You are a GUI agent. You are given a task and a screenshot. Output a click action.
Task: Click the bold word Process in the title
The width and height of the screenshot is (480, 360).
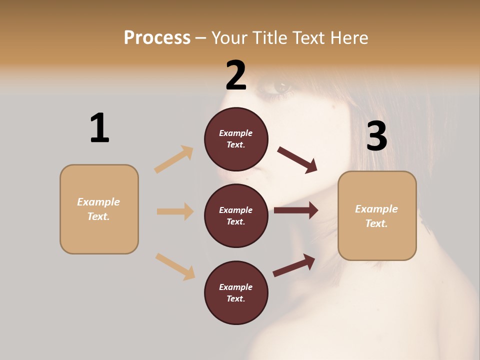(157, 38)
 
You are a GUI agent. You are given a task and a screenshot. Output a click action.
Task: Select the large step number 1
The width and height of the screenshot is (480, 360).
(99, 128)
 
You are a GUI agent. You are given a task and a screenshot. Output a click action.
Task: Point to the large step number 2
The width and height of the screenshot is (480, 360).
(236, 75)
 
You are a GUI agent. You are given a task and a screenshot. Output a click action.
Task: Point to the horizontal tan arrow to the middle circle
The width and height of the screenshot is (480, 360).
(175, 211)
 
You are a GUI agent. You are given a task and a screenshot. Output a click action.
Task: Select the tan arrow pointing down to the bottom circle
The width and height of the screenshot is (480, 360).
(175, 266)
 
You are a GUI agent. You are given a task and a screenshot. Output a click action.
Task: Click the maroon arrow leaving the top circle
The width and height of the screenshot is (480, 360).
(297, 159)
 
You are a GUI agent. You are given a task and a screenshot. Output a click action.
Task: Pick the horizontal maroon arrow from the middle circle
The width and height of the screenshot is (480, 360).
(296, 210)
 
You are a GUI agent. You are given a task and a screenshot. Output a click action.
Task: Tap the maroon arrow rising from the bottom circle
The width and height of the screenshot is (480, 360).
(294, 265)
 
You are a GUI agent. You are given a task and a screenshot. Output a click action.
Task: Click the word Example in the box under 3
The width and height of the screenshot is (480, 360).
(376, 209)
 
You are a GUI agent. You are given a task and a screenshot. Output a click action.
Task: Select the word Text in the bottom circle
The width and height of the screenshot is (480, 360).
(235, 298)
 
